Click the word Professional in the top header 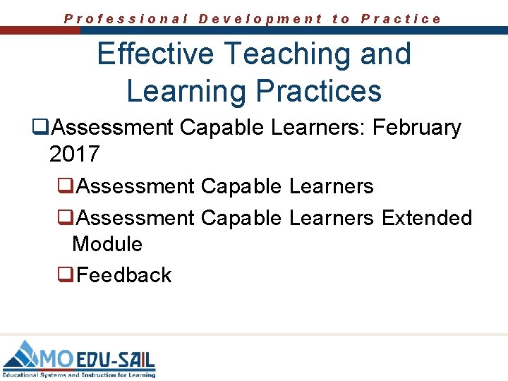click(x=126, y=19)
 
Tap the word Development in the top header click(x=260, y=19)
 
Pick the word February click(x=416, y=128)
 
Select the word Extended click(x=427, y=217)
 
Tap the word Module click(x=107, y=244)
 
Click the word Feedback click(x=124, y=274)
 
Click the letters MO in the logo click(x=56, y=358)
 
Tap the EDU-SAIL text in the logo click(x=115, y=359)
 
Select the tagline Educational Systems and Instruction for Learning click(x=78, y=375)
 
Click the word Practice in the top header click(x=401, y=19)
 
